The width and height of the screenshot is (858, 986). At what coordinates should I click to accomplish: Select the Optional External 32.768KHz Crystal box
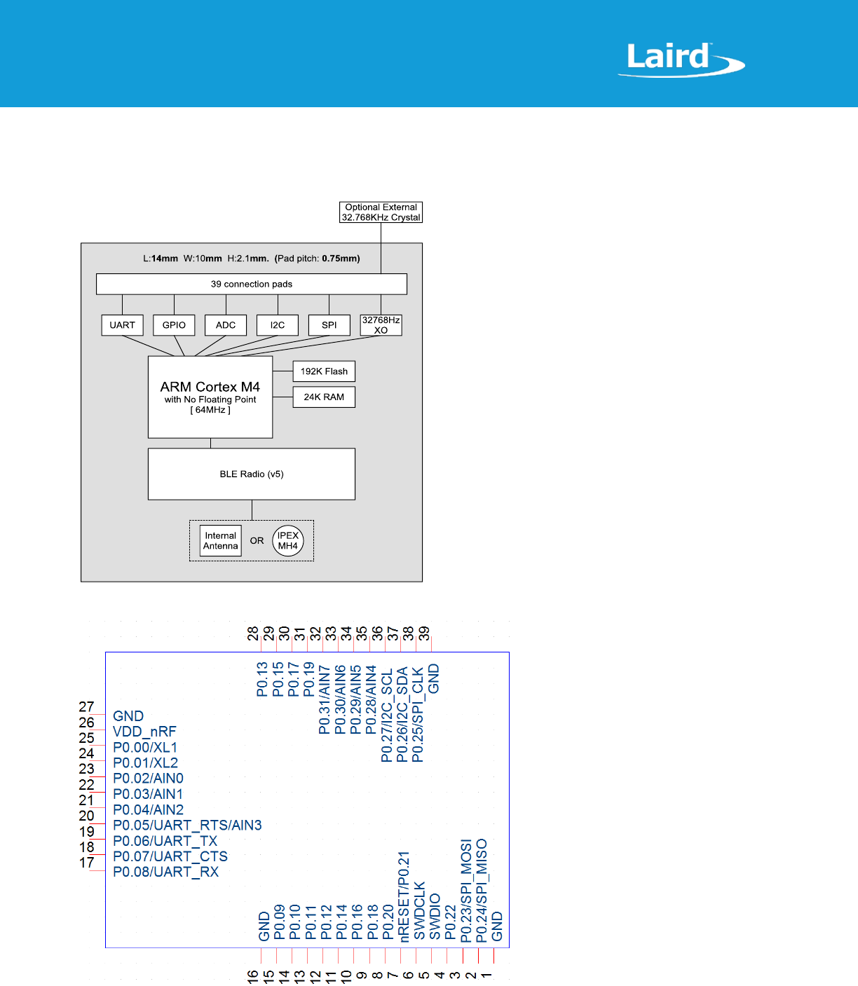(x=381, y=212)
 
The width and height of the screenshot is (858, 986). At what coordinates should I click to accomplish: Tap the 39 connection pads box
(x=251, y=284)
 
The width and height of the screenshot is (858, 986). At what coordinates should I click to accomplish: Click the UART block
(x=122, y=325)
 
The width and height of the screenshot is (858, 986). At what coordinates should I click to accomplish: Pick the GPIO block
(x=174, y=325)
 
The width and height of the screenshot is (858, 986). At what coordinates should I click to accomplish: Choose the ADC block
(x=226, y=325)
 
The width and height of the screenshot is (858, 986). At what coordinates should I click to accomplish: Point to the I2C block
(x=278, y=325)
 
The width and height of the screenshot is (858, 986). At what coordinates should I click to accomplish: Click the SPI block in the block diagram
(x=329, y=325)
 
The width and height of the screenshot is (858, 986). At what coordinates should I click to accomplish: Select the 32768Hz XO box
(x=381, y=325)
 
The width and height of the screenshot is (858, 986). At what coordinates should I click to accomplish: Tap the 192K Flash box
(x=324, y=371)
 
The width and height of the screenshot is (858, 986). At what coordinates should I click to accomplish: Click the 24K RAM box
(x=324, y=397)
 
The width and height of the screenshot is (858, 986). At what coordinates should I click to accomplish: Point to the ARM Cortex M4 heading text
(x=210, y=387)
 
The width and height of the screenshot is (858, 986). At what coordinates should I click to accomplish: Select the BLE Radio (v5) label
(x=252, y=474)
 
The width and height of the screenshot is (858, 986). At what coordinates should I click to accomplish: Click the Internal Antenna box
(x=220, y=541)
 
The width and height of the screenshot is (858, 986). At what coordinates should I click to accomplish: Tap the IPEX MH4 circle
(x=287, y=541)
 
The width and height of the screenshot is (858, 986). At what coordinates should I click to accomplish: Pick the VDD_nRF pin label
(x=144, y=732)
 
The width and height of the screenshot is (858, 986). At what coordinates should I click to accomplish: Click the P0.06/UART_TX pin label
(x=165, y=841)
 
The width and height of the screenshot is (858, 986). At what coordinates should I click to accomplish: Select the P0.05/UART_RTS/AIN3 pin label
(x=187, y=826)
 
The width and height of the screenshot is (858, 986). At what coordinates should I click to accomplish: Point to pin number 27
(x=86, y=706)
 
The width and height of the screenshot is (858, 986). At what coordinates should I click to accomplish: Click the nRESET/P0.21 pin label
(x=404, y=896)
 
